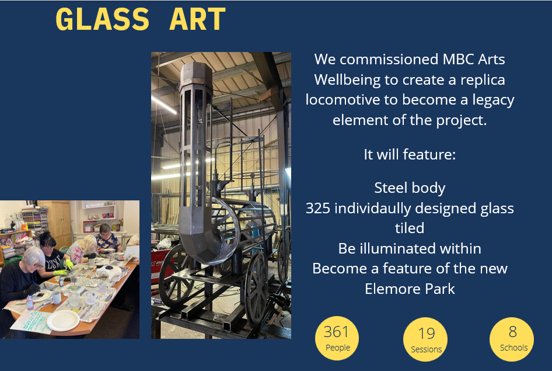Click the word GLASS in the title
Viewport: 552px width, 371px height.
click(103, 19)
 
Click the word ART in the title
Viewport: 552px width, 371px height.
click(197, 19)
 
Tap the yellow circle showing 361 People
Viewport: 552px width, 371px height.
click(337, 338)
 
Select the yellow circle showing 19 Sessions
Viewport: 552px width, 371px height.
click(425, 339)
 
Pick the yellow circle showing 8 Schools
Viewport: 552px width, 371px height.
click(512, 339)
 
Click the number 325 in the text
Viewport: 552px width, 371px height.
click(318, 208)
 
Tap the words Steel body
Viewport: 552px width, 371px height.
click(410, 188)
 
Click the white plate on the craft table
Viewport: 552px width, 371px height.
click(63, 320)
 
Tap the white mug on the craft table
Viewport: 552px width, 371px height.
click(55, 298)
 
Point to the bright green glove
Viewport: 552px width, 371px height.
click(69, 264)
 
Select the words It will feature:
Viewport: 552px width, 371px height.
click(410, 154)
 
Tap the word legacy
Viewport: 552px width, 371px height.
click(493, 100)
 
